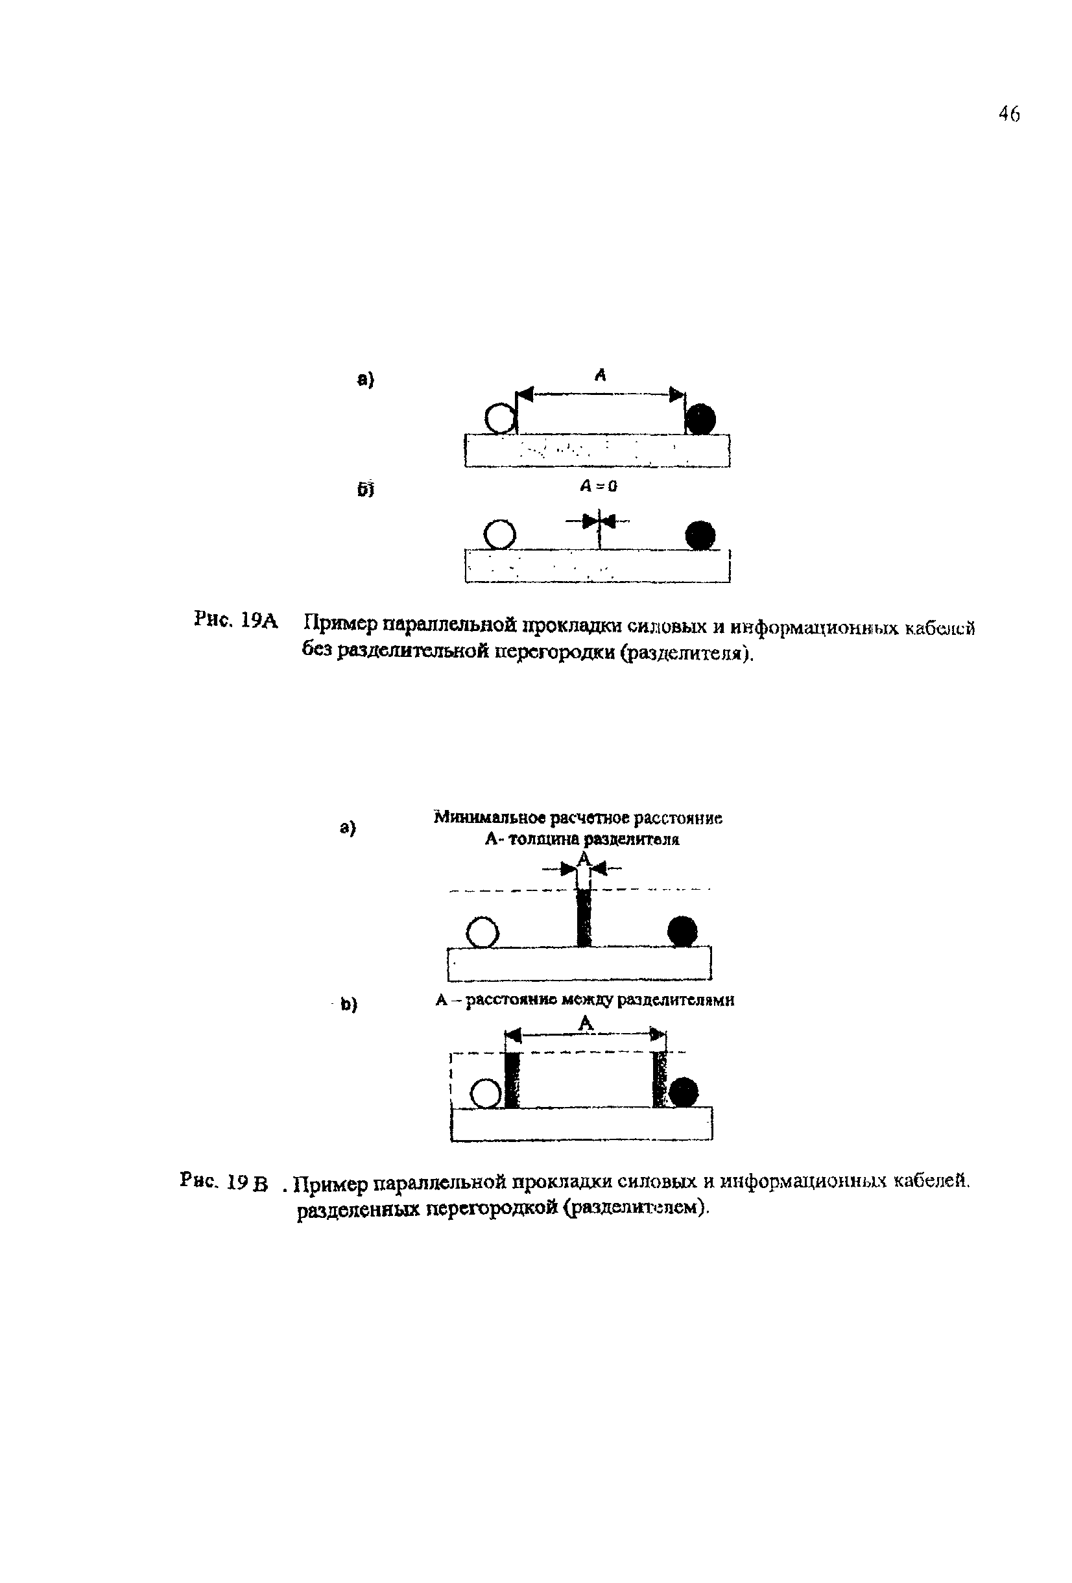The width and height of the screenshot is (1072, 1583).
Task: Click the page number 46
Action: pyautogui.click(x=1008, y=113)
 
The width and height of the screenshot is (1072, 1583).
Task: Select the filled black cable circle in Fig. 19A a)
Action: pyautogui.click(x=700, y=418)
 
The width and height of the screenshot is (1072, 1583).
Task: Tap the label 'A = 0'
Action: pyautogui.click(x=599, y=486)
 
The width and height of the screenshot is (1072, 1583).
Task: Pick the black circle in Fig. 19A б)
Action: pyautogui.click(x=700, y=535)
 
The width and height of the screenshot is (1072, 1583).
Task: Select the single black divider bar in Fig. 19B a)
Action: pyautogui.click(x=584, y=916)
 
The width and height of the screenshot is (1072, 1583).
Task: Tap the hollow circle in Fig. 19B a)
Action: pyautogui.click(x=483, y=933)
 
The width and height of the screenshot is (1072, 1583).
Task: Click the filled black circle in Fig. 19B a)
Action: pyautogui.click(x=682, y=931)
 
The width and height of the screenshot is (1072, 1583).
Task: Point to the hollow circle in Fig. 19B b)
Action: pyautogui.click(x=486, y=1093)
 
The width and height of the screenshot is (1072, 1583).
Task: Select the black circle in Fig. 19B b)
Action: pyautogui.click(x=683, y=1092)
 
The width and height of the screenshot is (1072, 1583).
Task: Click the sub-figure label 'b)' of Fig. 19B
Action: pyautogui.click(x=349, y=1004)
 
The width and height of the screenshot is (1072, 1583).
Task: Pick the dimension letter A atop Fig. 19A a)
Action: pyautogui.click(x=600, y=374)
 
